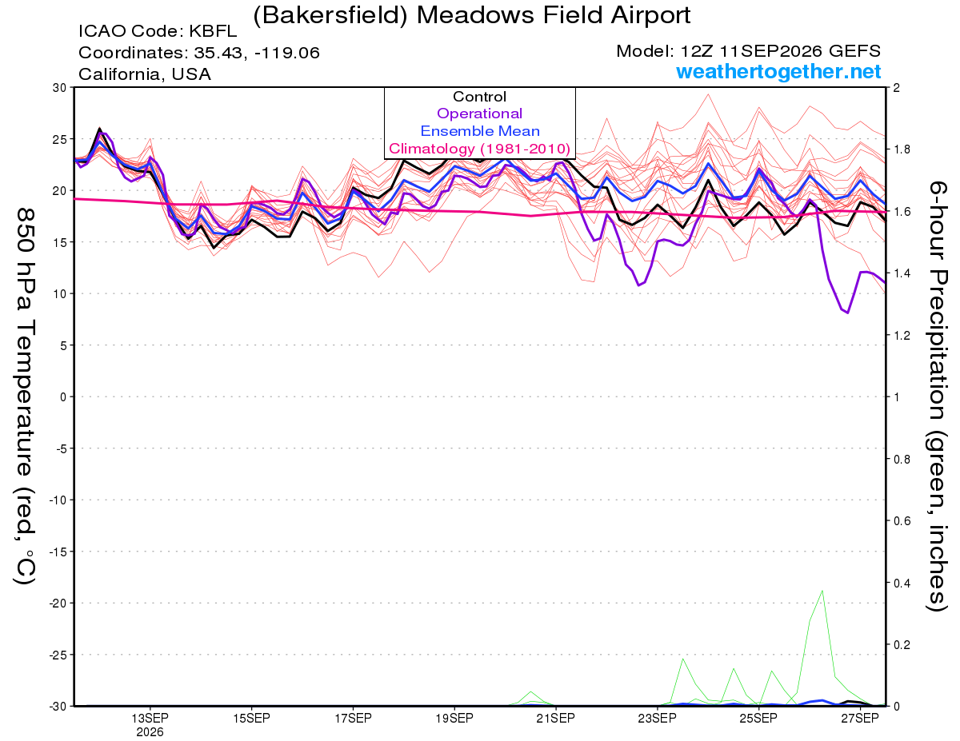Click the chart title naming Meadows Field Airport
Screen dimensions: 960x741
(x=471, y=15)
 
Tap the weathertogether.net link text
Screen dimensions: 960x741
(x=778, y=71)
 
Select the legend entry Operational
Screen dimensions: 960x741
(x=479, y=114)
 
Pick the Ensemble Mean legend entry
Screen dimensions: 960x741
(x=480, y=131)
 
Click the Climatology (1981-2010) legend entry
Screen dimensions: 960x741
(x=479, y=149)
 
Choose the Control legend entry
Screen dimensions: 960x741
(x=479, y=97)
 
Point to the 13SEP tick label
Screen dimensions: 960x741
(x=150, y=718)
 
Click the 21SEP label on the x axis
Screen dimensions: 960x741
(x=556, y=718)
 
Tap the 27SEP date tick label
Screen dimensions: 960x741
(x=860, y=718)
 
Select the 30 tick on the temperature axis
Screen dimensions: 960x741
(x=59, y=88)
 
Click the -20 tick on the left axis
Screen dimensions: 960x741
(x=57, y=604)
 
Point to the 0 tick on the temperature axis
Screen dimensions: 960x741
(x=63, y=397)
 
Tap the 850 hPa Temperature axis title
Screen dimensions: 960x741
(x=25, y=396)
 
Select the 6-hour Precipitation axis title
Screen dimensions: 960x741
(x=938, y=396)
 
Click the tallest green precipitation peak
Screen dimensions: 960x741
(x=822, y=591)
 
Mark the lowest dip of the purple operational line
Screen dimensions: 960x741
(x=848, y=313)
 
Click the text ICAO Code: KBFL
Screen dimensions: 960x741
(x=158, y=31)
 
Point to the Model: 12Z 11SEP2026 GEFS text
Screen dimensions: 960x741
(x=748, y=51)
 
